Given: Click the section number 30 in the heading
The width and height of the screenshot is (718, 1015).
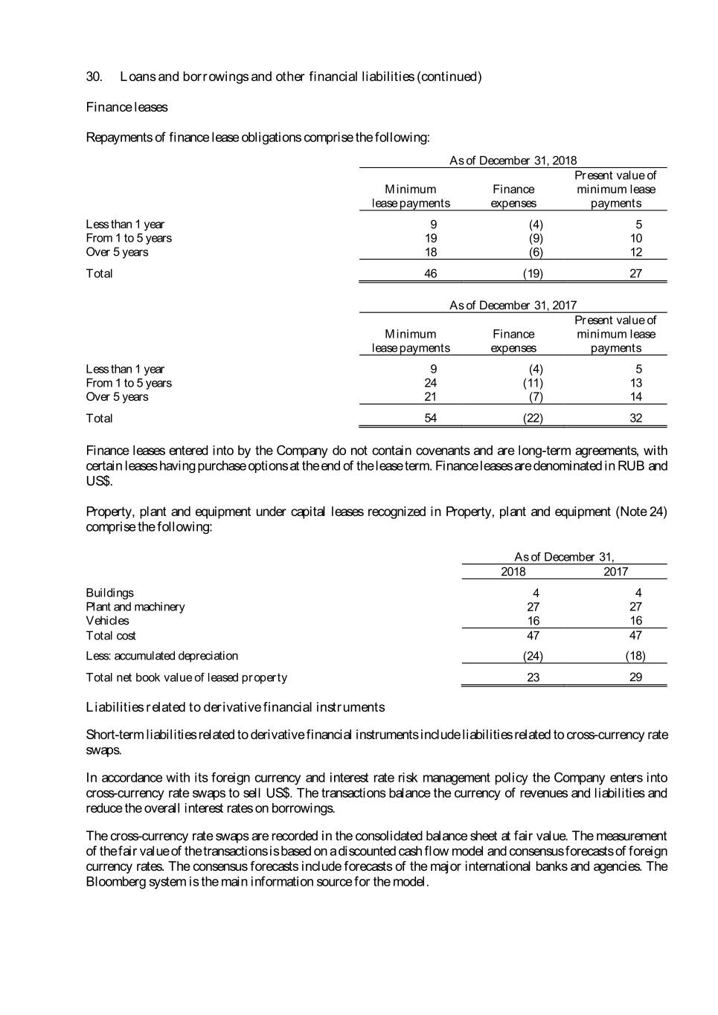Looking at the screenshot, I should coord(94,77).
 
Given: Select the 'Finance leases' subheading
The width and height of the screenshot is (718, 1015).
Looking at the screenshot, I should coord(126,107).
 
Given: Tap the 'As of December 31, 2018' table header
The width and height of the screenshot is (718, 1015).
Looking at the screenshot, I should coord(513,161).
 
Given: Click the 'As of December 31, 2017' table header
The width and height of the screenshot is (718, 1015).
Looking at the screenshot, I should coord(513,306).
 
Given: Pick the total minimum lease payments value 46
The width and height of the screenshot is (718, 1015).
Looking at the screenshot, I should coord(430,274).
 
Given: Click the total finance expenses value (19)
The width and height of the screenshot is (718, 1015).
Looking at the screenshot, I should coord(533,274).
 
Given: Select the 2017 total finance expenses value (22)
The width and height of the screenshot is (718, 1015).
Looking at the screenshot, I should coord(533,419).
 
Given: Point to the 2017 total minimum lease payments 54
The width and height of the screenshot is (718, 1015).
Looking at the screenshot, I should coord(430,419).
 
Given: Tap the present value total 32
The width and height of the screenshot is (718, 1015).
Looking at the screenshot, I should coord(635,419).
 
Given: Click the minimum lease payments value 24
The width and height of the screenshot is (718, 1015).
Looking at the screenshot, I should coord(430,383).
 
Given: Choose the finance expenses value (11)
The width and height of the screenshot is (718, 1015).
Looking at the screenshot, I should coord(533,383).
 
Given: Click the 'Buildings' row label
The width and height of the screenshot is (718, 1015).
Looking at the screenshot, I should coord(109,593).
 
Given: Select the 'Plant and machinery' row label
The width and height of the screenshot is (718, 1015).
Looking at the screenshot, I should coord(135,607).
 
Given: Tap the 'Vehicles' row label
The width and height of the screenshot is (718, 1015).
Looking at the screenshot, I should coord(107,621).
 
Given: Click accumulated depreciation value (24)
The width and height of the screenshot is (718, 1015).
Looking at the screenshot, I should coord(533,656).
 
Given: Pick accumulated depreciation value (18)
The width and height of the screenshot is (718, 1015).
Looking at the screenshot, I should coord(635,656).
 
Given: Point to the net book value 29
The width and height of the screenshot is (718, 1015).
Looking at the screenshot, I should coord(635,677).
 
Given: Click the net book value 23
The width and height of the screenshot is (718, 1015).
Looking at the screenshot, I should coord(533,677).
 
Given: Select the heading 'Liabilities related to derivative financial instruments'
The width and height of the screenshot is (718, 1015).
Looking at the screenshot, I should coord(235,707).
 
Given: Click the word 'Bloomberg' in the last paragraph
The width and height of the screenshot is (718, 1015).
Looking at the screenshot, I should coord(112,882).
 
